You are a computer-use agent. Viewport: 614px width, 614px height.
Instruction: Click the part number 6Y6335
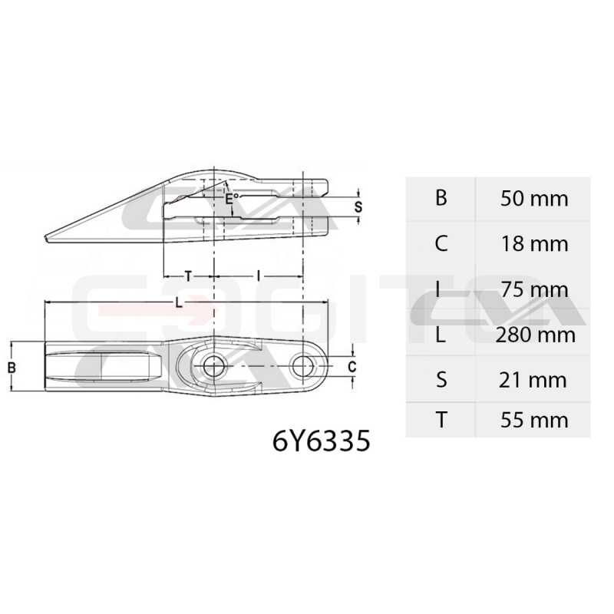click(x=321, y=441)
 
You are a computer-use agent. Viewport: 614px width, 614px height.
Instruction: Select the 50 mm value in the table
click(x=534, y=199)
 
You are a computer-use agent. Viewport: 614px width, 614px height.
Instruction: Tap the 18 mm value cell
click(x=534, y=244)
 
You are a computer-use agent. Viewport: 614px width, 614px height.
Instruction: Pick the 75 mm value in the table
click(x=534, y=290)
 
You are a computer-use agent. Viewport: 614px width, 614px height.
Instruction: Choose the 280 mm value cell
click(x=535, y=335)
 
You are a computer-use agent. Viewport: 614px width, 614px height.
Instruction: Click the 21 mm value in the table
click(x=533, y=380)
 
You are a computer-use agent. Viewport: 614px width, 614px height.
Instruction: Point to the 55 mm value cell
click(x=534, y=420)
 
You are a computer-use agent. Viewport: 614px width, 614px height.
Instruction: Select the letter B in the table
click(x=441, y=198)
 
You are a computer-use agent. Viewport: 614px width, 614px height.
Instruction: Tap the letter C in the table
click(x=441, y=243)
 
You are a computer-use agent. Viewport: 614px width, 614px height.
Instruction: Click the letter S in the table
click(x=441, y=380)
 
